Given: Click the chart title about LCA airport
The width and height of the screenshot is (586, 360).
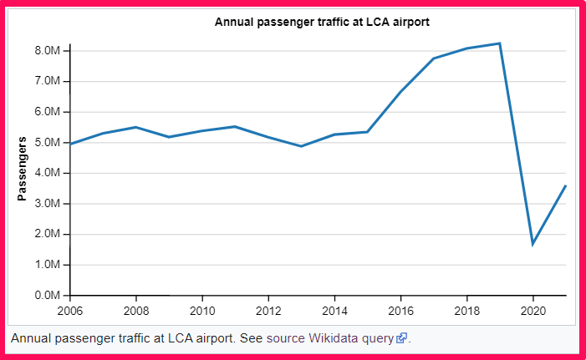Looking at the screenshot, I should (x=322, y=22).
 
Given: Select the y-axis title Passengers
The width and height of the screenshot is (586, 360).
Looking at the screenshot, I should (x=23, y=169).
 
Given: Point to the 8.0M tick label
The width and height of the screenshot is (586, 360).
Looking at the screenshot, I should (x=47, y=51).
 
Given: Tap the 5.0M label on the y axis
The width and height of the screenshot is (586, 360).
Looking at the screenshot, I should (x=47, y=143).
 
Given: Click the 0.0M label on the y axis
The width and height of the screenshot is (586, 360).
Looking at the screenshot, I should (x=47, y=296).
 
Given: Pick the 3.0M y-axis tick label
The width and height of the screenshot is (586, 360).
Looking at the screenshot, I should (x=47, y=204).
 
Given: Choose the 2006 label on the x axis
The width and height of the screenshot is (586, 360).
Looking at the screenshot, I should (x=70, y=310).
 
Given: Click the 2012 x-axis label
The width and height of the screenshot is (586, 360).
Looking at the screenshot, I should (x=268, y=310).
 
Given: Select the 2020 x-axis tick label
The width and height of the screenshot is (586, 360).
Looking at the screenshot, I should (x=533, y=310).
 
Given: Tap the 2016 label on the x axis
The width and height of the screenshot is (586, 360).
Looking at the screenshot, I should (x=400, y=310).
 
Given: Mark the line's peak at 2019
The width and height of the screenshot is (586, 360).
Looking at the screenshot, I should (x=500, y=43).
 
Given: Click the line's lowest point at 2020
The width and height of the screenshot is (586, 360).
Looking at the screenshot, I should (x=533, y=244).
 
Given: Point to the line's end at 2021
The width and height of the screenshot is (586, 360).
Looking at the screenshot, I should (x=566, y=185).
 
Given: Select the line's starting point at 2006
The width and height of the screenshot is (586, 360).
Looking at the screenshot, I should (x=71, y=144).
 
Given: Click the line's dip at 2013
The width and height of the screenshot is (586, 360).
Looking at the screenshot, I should (x=302, y=146).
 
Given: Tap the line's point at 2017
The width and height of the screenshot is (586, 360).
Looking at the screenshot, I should (x=434, y=58).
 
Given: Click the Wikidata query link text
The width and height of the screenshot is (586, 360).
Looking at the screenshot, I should (x=352, y=338).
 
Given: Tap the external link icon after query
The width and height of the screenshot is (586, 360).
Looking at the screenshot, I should (x=402, y=338).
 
